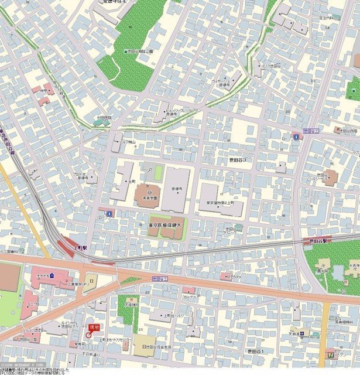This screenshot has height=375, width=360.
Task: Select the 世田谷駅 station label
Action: coord(320,240)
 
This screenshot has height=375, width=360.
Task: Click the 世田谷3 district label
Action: coord(237,159)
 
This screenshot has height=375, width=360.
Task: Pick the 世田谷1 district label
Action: coord(255,350)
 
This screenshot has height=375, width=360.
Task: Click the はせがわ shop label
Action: coord(234,276)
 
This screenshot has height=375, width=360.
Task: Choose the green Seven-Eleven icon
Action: coord(331,353)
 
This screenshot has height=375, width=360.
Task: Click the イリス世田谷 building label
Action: coord(270,67)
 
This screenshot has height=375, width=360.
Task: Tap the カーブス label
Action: coord(188,297)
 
